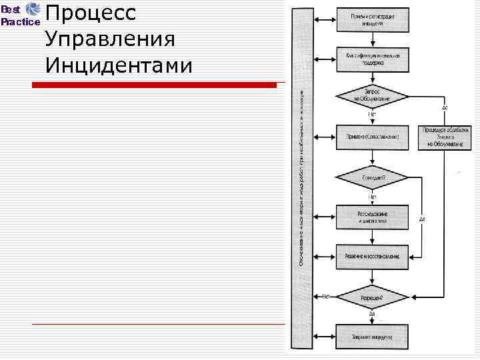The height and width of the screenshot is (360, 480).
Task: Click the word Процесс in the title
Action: pyautogui.click(x=91, y=13)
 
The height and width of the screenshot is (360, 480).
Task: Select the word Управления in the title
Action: pyautogui.click(x=111, y=39)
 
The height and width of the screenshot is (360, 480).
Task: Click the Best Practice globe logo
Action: pyautogui.click(x=31, y=9)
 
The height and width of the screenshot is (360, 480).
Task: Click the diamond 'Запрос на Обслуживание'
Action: pyautogui.click(x=372, y=97)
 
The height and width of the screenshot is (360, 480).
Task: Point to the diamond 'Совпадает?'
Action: pyautogui.click(x=372, y=177)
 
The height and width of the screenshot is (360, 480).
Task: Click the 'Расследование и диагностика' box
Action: pyautogui.click(x=372, y=217)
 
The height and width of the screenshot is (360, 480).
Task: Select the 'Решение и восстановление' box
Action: pyautogui.click(x=372, y=255)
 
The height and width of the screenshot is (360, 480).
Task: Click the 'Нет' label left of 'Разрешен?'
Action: pyautogui.click(x=326, y=295)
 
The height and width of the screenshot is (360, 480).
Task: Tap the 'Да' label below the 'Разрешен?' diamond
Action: pyautogui.click(x=372, y=313)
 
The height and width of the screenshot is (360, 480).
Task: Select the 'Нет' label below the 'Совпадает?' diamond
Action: pyautogui.click(x=373, y=196)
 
